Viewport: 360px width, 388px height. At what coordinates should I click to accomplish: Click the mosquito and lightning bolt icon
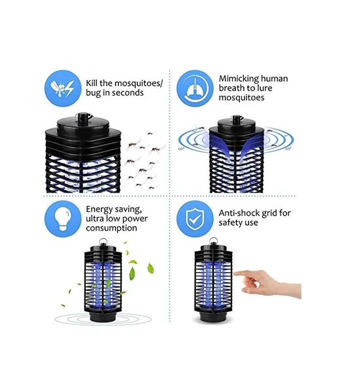pyautogui.click(x=63, y=88)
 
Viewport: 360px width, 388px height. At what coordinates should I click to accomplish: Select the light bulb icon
pyautogui.click(x=63, y=219)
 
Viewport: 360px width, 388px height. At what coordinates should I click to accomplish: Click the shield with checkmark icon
pyautogui.click(x=195, y=219)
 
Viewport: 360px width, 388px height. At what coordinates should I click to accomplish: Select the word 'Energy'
pyautogui.click(x=100, y=209)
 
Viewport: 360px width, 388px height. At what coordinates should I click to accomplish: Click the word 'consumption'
pyautogui.click(x=111, y=228)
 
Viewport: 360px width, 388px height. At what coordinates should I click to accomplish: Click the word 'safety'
pyautogui.click(x=231, y=222)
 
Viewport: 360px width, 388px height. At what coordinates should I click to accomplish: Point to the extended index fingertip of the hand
pyautogui.click(x=235, y=274)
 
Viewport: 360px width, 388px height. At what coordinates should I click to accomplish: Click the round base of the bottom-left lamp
pyautogui.click(x=103, y=317)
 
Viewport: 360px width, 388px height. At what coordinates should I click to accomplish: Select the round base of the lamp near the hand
pyautogui.click(x=213, y=317)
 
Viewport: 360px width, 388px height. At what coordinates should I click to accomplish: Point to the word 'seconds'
pyautogui.click(x=128, y=93)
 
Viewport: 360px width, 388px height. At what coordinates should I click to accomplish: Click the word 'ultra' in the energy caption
pyautogui.click(x=95, y=219)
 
